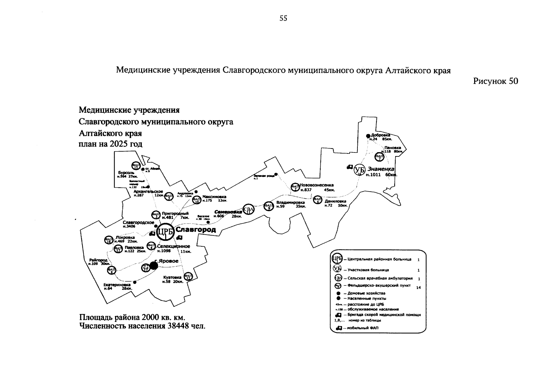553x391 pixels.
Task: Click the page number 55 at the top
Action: [x=283, y=19]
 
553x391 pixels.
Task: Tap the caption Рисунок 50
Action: [x=495, y=81]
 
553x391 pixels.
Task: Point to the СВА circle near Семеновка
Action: [x=248, y=209]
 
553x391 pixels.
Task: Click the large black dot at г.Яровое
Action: [x=153, y=266]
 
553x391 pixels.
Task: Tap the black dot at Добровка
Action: [x=368, y=136]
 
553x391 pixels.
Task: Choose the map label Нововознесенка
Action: [x=317, y=185]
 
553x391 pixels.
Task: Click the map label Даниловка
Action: [x=335, y=201]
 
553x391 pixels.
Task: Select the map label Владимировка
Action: [x=290, y=202]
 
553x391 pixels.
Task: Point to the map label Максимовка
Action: [x=214, y=197]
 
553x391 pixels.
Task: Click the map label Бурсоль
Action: [x=124, y=172]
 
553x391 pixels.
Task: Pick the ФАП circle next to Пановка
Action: [x=379, y=157]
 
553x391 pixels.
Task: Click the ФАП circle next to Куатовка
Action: [x=188, y=277]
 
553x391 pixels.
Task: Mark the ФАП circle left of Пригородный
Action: [x=156, y=215]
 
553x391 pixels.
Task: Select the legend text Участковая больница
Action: [x=368, y=270]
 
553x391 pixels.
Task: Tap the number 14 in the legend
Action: [x=418, y=287]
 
